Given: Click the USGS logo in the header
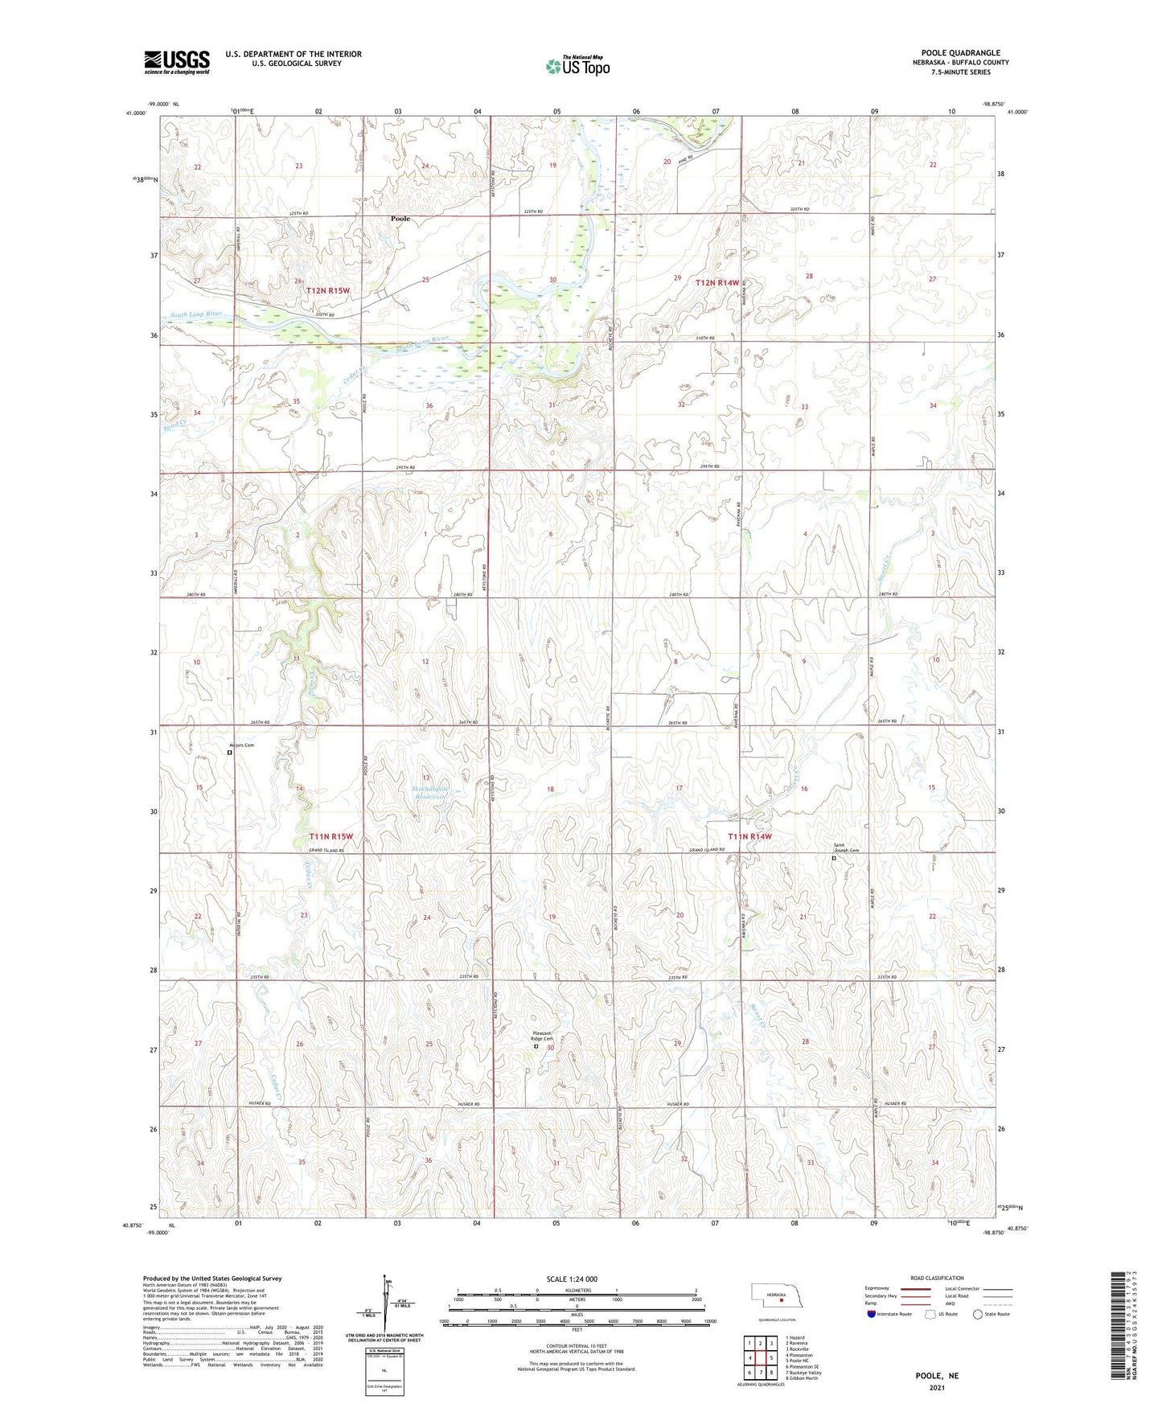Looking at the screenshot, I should (176, 62).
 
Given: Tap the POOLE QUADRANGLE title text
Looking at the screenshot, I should (961, 53).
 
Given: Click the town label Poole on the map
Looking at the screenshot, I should (400, 219).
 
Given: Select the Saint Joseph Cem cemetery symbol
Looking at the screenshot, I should (834, 858).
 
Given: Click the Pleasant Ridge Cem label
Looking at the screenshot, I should (542, 1036).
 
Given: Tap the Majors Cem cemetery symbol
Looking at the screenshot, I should (229, 753).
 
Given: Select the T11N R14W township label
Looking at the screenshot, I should (749, 836).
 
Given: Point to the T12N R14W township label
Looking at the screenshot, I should (716, 283).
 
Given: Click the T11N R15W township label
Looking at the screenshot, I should (331, 837).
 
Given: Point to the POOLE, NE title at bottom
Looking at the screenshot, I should (937, 1376).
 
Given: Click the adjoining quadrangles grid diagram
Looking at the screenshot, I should (760, 1358).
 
